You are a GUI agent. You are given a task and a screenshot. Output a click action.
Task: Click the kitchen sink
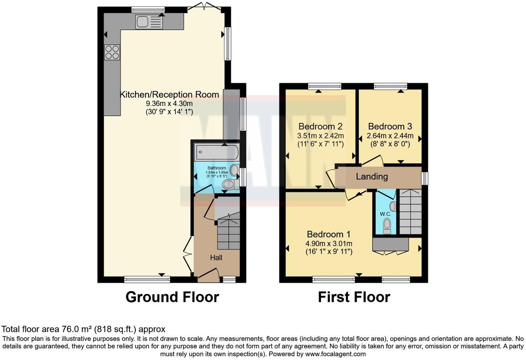pyautogui.click(x=149, y=22)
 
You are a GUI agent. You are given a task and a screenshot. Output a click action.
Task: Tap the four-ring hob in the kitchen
pyautogui.click(x=112, y=52)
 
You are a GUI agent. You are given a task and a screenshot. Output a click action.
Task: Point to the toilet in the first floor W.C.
pyautogui.click(x=387, y=225)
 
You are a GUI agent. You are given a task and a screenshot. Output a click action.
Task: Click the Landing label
pyautogui.click(x=372, y=177)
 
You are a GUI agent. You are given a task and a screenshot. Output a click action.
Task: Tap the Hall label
pyautogui.click(x=216, y=258)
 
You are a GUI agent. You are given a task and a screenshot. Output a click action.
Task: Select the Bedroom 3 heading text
pyautogui.click(x=390, y=126)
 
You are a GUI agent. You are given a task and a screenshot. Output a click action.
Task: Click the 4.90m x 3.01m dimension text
pyautogui.click(x=329, y=244)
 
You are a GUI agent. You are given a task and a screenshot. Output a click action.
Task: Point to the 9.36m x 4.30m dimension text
pyautogui.click(x=169, y=103)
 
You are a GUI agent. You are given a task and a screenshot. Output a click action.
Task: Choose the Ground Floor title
pyautogui.click(x=172, y=297)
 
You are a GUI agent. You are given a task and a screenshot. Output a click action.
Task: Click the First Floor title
pyautogui.click(x=354, y=297)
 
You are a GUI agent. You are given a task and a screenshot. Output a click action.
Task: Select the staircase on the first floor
pyautogui.click(x=411, y=211)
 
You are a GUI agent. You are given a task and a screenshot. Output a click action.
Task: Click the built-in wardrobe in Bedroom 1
pyautogui.click(x=391, y=244)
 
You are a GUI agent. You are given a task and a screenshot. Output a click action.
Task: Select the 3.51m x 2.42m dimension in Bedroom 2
pyautogui.click(x=320, y=136)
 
